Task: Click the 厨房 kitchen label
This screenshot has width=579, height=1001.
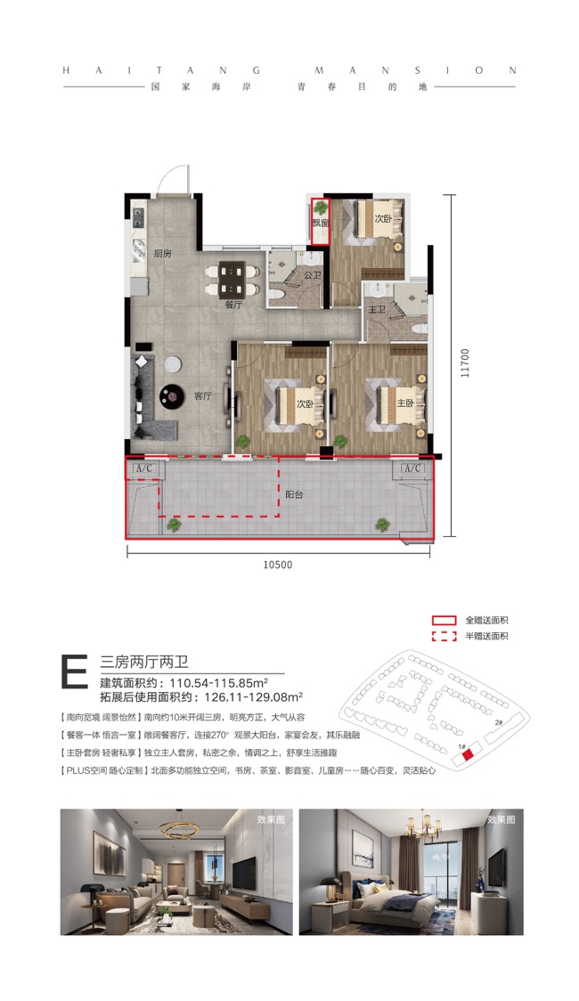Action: point(161,253)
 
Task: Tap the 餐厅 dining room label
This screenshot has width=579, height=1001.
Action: point(233,304)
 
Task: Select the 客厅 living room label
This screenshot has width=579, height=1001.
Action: point(204,396)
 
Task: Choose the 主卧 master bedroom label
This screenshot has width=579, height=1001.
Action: point(405,403)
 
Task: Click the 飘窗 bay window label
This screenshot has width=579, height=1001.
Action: point(320,224)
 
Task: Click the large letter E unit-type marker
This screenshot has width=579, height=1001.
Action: point(74,671)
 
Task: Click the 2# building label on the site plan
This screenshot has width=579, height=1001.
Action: point(499,722)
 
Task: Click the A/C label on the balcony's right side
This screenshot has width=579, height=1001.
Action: point(412,468)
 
